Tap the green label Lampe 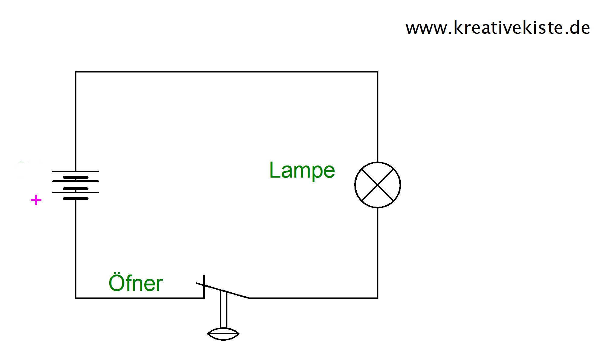click(x=302, y=171)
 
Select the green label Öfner click(x=136, y=283)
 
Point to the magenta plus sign click(x=36, y=200)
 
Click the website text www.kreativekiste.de click(x=498, y=28)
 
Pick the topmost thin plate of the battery click(x=75, y=171)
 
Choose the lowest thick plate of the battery click(x=75, y=198)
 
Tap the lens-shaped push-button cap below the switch click(x=223, y=334)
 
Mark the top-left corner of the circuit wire click(x=75, y=72)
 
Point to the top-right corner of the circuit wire click(x=377, y=72)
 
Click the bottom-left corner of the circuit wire click(x=75, y=298)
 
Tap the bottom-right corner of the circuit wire click(x=377, y=298)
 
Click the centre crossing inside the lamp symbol click(x=377, y=185)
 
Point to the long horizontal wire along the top click(x=226, y=72)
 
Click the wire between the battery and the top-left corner click(x=75, y=121)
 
